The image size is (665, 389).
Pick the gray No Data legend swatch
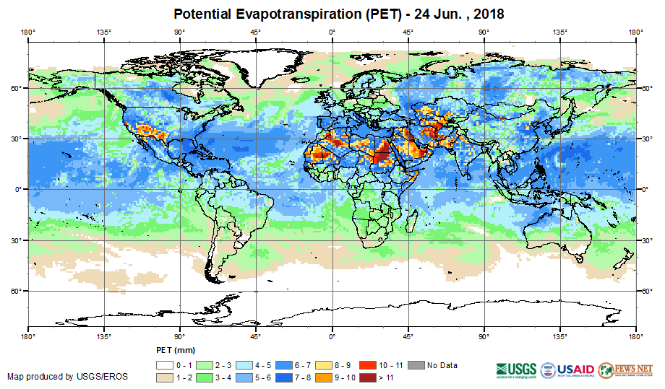click(417, 365)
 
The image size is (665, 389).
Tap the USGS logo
click(512, 370)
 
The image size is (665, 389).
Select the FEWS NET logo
click(625, 370)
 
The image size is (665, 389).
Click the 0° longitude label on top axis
click(332, 32)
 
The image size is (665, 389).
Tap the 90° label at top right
click(484, 32)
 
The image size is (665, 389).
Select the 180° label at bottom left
click(28, 336)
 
